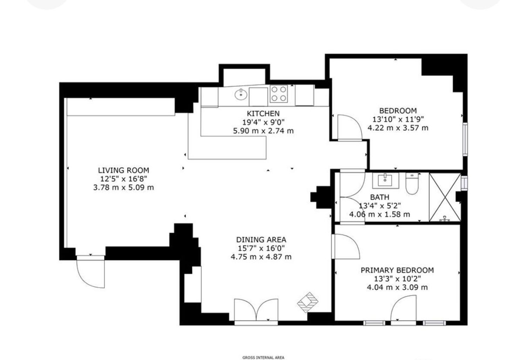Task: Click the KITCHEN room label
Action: click(x=263, y=114)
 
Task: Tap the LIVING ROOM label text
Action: click(x=123, y=170)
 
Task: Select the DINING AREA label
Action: click(x=261, y=240)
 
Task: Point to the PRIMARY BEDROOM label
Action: click(x=397, y=270)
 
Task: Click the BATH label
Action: click(x=379, y=197)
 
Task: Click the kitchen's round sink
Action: click(x=241, y=95)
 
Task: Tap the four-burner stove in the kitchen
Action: click(x=279, y=94)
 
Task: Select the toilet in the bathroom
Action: click(x=412, y=184)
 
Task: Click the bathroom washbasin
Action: click(x=386, y=180)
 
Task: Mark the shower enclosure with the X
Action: click(x=445, y=197)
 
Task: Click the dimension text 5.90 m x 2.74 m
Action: click(x=263, y=131)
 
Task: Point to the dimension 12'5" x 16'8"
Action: click(x=123, y=179)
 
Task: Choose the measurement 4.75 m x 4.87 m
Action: click(x=261, y=257)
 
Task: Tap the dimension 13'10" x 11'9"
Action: click(x=398, y=119)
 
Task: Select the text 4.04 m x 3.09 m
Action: click(x=397, y=287)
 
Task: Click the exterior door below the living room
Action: click(x=90, y=272)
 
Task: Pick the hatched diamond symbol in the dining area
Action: click(x=308, y=302)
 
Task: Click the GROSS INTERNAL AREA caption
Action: click(x=263, y=358)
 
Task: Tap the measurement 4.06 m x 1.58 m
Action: click(x=379, y=214)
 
